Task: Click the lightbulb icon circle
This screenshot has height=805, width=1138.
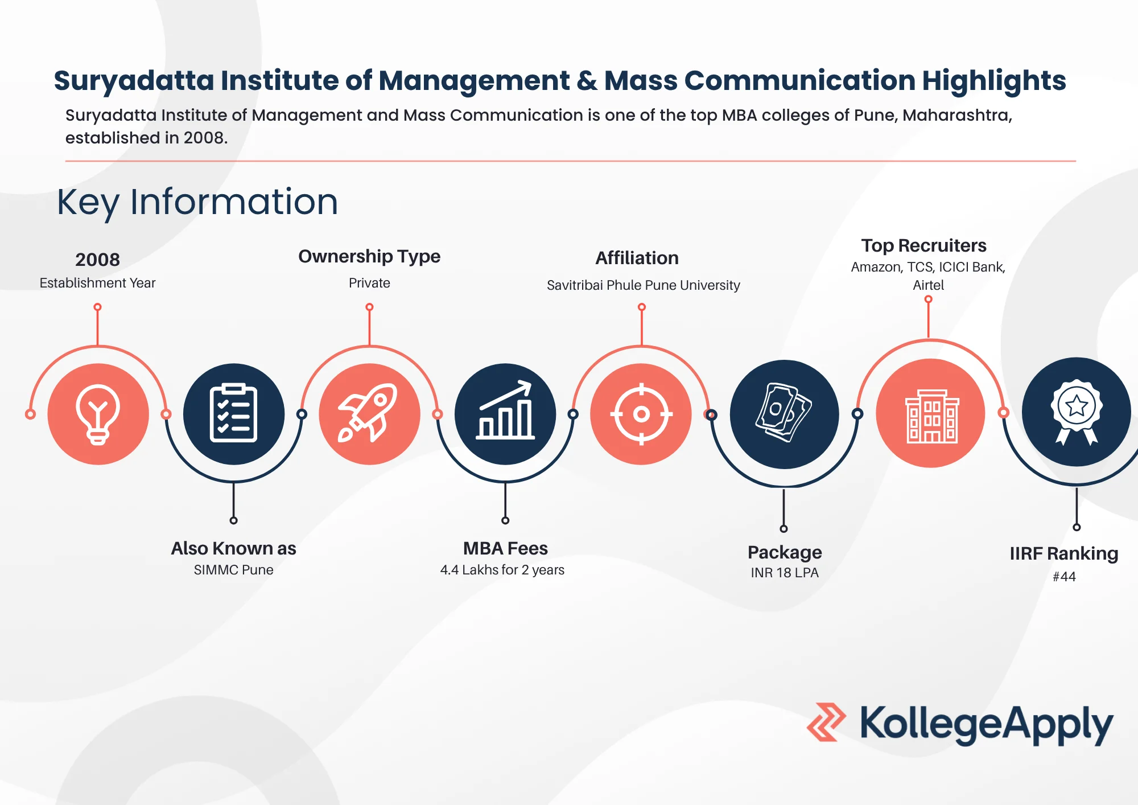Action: point(98,414)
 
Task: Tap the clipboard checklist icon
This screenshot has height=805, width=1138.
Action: point(234,414)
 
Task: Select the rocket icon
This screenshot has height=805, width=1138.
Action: point(369,414)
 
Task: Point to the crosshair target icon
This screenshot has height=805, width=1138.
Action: point(641,414)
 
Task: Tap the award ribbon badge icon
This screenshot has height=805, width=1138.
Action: point(1077,412)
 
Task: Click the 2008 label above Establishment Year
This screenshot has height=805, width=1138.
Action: point(98,260)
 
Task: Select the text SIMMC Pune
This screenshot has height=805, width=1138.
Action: point(233,570)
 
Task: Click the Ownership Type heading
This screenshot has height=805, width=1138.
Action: point(369,257)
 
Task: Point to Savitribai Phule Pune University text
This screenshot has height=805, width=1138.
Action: point(644,285)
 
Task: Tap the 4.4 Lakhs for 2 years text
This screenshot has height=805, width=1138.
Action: point(502,570)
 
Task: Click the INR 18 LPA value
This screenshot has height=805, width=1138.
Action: point(785,573)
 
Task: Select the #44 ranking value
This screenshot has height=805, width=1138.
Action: point(1064,577)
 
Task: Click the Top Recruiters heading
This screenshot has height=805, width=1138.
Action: point(924,245)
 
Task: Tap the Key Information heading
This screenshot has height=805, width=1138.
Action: point(197,203)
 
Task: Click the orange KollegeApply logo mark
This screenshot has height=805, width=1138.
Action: point(826,722)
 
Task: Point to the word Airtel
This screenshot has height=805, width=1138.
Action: point(929,285)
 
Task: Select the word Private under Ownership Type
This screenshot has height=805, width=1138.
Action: point(369,283)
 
